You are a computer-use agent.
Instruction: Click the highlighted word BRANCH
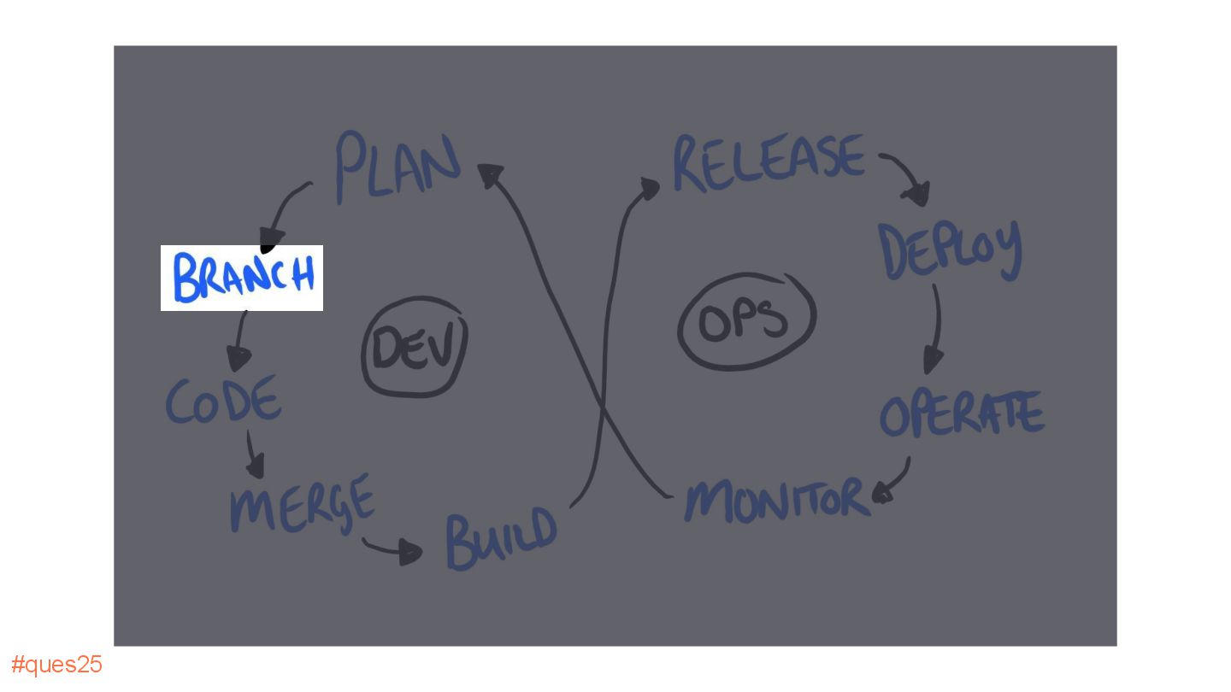[x=243, y=278]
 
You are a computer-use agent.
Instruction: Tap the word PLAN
[x=397, y=166]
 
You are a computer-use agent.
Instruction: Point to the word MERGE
[x=302, y=504]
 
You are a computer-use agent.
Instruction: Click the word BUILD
[x=501, y=538]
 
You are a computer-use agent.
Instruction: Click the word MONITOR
[x=776, y=499]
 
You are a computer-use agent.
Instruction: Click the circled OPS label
[x=745, y=321]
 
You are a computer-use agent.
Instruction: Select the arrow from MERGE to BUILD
[x=392, y=549]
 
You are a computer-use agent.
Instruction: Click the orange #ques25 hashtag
[x=56, y=665]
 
